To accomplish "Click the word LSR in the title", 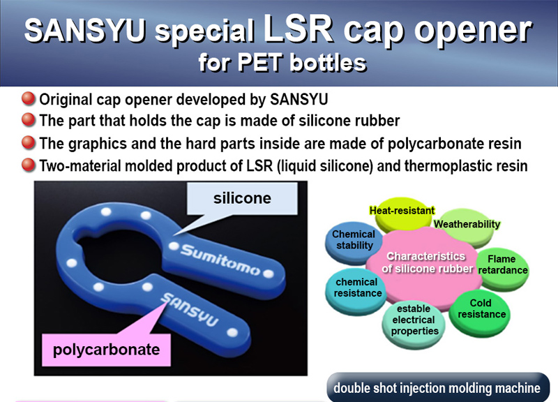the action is click(x=299, y=29).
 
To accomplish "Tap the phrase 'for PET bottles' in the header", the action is click(x=282, y=63).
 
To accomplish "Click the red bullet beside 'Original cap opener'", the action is click(x=29, y=98).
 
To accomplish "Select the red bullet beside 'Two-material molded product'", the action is click(x=29, y=165).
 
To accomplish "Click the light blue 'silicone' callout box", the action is click(x=242, y=199).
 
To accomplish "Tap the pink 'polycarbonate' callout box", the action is click(x=106, y=350).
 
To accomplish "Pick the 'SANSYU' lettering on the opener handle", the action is click(x=190, y=308).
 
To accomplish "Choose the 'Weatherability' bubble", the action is click(x=467, y=226).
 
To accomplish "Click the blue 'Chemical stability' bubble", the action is click(x=354, y=241).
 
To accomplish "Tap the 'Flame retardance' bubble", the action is click(x=502, y=267).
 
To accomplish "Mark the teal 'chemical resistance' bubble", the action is click(x=356, y=290).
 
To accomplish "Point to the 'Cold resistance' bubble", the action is click(x=480, y=311).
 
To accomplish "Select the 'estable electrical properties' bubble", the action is click(x=414, y=322).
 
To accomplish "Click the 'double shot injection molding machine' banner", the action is click(x=438, y=387).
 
